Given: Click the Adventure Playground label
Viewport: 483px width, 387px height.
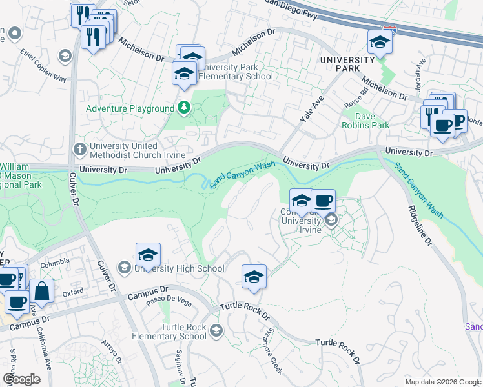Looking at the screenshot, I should click(x=130, y=109).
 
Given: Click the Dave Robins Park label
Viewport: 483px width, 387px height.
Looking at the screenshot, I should click(x=365, y=121).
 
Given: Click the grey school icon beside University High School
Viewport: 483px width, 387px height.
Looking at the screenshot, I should click(x=124, y=267).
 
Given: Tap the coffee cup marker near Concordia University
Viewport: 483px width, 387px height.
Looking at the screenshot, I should click(x=323, y=201).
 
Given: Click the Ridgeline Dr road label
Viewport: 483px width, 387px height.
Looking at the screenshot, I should click(x=420, y=225).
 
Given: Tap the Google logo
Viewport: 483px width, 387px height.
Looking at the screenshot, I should click(x=21, y=379).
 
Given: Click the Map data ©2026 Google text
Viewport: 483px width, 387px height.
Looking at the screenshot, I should click(x=442, y=382).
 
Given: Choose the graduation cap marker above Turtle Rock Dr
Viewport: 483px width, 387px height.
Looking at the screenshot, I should click(x=254, y=277).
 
